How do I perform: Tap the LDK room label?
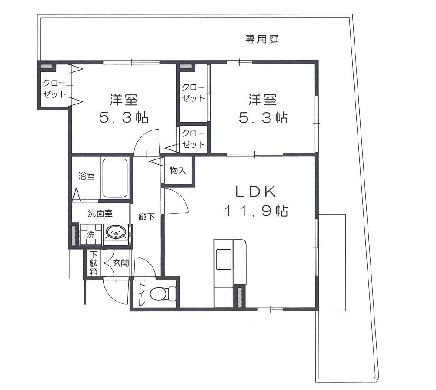256,191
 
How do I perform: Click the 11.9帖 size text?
256,211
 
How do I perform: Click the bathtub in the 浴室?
114,178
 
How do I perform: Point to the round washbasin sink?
116,233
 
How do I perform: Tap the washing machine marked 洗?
91,234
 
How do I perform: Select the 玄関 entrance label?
121,263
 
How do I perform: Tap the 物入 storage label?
178,170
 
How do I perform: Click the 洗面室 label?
100,213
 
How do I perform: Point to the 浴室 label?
86,176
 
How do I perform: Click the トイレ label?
141,295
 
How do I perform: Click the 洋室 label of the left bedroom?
124,100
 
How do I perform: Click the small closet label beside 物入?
193,139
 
